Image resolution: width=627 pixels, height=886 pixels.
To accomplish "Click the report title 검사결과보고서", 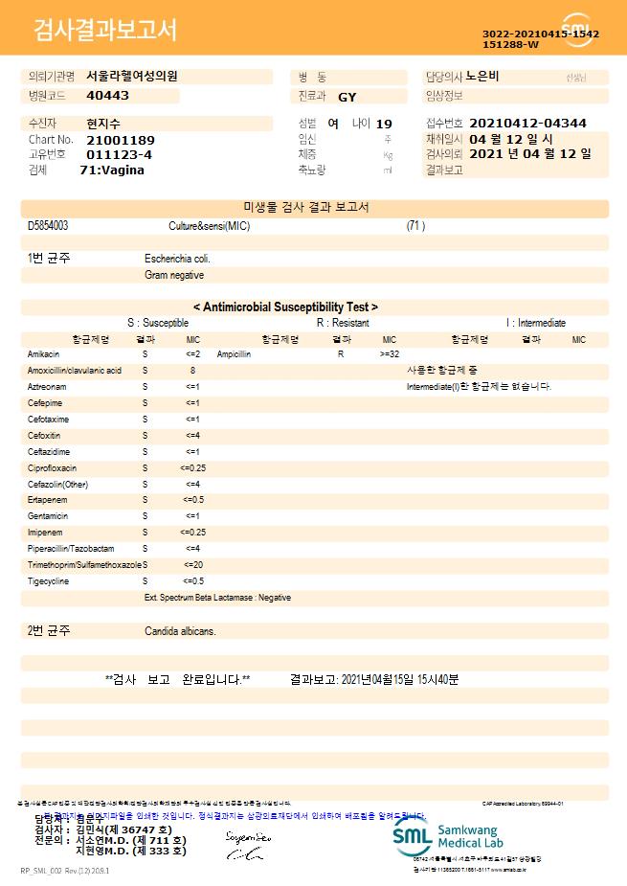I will point(105,31).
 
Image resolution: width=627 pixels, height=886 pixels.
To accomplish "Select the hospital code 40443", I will point(107,96).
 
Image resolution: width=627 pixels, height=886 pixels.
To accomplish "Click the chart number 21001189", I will point(120,140).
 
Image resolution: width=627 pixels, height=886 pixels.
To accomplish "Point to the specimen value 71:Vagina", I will point(112,170).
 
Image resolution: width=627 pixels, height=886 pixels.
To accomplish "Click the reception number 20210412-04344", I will point(527,124).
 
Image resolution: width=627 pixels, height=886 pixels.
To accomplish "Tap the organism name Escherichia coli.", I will point(177,259).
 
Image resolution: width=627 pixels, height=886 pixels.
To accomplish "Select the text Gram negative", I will point(174,275).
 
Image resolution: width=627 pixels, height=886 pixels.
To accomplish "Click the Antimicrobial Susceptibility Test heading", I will point(285,307).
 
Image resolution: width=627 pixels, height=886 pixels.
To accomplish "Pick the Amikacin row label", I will point(44,354).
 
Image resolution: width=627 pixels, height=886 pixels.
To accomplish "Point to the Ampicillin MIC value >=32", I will point(390,354).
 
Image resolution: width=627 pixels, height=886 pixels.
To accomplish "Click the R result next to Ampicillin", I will point(341,354).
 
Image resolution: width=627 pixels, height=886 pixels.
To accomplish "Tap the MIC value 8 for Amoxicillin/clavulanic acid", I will point(192,371).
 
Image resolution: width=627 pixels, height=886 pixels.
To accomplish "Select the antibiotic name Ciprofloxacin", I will point(52,468).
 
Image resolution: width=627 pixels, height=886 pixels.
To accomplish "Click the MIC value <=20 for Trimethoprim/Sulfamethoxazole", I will point(192,565).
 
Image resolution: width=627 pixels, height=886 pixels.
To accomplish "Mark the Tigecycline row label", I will point(48,581).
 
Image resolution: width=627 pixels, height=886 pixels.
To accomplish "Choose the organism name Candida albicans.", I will point(180,631).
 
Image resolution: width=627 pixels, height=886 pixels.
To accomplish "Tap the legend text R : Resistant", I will point(343,324).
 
